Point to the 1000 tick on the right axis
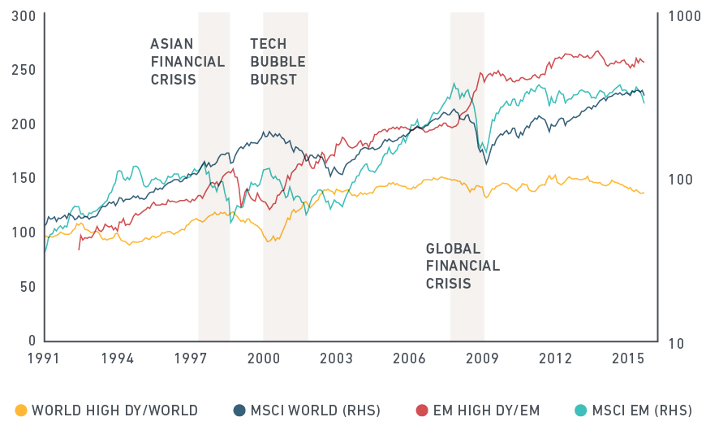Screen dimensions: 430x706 [x=680, y=15]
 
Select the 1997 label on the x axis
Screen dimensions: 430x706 [x=191, y=358]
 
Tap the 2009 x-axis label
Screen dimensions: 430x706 [x=482, y=358]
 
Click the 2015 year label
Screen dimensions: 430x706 [x=627, y=358]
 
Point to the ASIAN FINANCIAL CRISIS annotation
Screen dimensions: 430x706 [x=174, y=62]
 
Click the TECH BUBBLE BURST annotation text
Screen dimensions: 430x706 [x=273, y=62]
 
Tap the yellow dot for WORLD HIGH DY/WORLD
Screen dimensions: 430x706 [x=21, y=410]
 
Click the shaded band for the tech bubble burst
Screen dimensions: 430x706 [x=285, y=203]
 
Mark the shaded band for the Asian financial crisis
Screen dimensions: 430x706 [x=213, y=203]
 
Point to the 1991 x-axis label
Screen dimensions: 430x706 [x=45, y=358]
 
